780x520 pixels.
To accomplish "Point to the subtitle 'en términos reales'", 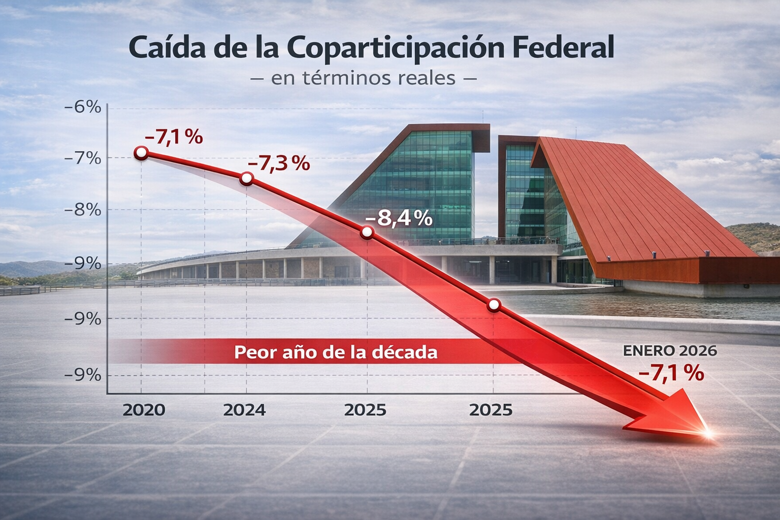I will tap(363, 79).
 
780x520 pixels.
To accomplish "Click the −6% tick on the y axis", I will tap(83, 107).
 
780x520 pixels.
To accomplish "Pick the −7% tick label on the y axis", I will tap(83, 158).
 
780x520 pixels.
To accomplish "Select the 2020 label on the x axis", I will tap(144, 410).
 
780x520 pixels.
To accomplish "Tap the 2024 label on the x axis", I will tap(244, 410).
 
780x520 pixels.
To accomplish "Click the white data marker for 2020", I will tap(142, 152).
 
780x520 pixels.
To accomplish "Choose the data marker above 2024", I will tap(246, 178).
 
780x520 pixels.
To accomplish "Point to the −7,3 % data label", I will tap(278, 164).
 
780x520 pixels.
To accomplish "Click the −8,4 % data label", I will tap(399, 218).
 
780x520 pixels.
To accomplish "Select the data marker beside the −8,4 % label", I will tap(367, 233).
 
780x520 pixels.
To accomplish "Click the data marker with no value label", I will tap(494, 305).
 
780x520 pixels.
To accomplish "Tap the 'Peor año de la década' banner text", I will tap(336, 352).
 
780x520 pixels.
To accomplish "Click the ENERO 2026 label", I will tap(670, 350).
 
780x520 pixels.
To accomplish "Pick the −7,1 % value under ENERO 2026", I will tap(671, 373).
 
